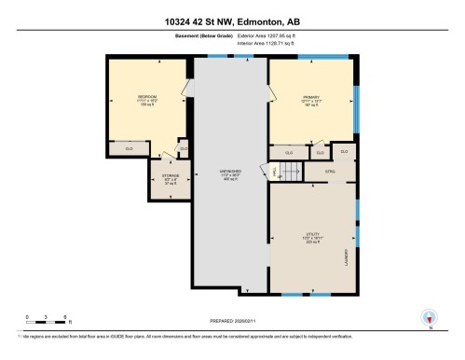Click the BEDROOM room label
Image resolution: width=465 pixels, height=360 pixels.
[147, 96]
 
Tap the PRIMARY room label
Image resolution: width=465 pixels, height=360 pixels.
[310, 96]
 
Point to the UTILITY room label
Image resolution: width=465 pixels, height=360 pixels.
[311, 236]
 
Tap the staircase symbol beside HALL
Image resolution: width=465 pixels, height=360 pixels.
[290, 171]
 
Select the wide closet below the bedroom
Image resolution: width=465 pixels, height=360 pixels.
[130, 147]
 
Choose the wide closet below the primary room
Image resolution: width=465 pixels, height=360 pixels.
[289, 152]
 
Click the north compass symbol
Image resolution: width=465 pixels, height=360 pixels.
[429, 318]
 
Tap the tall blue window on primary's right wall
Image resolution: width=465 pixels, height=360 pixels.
[356, 107]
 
